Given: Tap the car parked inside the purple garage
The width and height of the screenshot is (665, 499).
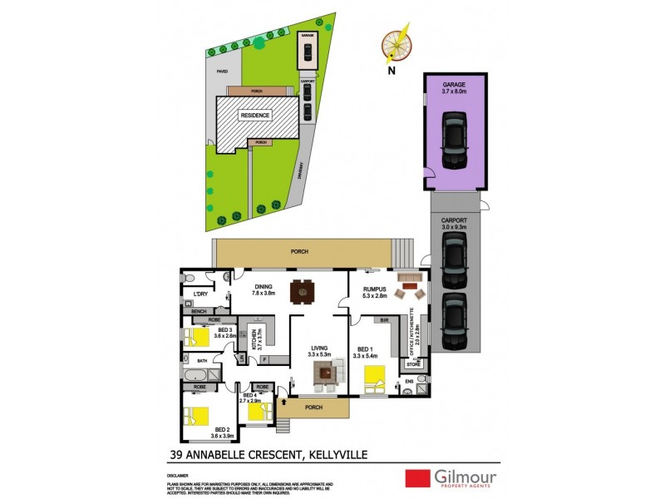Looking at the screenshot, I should coord(454,141).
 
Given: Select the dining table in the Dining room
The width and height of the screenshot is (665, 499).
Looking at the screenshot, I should coord(300,293).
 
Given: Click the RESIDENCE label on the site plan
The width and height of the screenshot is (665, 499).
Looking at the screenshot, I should coord(255,116).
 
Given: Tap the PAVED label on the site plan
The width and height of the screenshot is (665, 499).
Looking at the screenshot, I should coord(222,72).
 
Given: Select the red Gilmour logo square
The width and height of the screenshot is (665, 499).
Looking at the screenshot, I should coord(416,478).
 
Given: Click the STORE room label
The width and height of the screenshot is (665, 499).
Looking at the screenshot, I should coord(414,363).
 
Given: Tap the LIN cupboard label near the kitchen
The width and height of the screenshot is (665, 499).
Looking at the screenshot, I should coord(242,359).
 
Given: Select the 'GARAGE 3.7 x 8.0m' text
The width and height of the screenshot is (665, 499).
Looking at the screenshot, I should coord(454,89).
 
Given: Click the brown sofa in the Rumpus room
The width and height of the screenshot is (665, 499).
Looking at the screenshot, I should coord(408,279).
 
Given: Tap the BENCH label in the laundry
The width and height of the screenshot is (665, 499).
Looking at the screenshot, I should coord(198,311).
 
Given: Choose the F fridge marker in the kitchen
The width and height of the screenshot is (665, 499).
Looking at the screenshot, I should coord(263,359).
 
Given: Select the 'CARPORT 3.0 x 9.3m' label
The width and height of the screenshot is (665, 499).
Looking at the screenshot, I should coord(454,224).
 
